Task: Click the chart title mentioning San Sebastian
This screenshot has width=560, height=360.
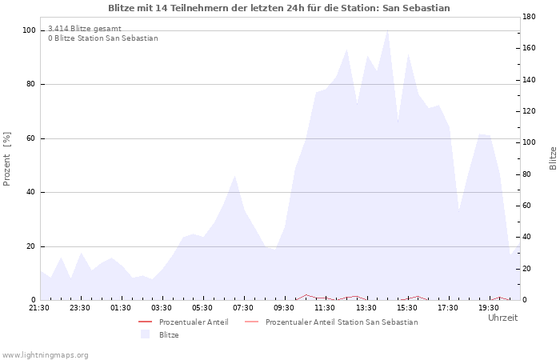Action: pos(279,8)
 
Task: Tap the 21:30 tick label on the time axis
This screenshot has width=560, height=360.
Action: pos(39,308)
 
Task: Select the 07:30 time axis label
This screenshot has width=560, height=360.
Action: pos(243,308)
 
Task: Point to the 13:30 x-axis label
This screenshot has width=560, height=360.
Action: pos(366,308)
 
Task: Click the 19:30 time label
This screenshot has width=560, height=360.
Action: pos(489,308)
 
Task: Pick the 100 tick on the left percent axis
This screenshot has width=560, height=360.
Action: pos(29,30)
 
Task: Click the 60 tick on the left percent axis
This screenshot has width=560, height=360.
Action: pos(30,138)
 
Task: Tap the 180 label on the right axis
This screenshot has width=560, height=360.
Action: pos(529,17)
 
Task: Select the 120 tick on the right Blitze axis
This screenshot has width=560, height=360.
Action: pos(529,111)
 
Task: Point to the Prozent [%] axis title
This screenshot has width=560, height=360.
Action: pos(6,159)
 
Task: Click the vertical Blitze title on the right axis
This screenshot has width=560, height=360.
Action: pos(553,158)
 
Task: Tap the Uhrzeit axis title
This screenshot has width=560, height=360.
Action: pos(503,318)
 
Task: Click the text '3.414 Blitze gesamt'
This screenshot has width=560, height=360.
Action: pos(85,29)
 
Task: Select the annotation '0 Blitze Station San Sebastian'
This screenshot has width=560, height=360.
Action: pos(103,38)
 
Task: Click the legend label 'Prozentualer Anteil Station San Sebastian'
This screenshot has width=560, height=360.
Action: pos(342,322)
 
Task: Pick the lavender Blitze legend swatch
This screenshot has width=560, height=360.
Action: pos(145,334)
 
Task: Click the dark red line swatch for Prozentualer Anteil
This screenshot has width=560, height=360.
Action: pos(146,322)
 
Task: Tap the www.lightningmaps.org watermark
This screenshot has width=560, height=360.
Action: pos(45,355)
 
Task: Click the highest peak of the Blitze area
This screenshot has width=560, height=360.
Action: pos(387,30)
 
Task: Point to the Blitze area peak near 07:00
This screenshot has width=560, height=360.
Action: pos(234,176)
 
